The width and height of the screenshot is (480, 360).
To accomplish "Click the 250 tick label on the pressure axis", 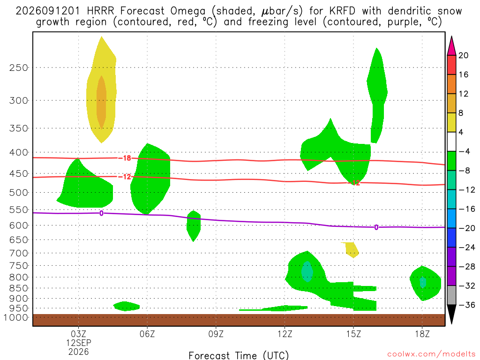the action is click(x=19, y=67).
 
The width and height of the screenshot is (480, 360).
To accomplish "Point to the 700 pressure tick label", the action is click(x=19, y=253).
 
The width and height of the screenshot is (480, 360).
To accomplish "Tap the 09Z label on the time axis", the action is click(x=216, y=334).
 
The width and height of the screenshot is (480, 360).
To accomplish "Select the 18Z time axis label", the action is click(x=422, y=334).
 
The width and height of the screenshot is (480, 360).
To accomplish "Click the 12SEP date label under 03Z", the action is click(x=79, y=343).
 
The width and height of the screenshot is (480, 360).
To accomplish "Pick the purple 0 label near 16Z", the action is click(x=376, y=227).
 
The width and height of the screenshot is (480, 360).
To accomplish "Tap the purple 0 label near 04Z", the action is click(x=101, y=213).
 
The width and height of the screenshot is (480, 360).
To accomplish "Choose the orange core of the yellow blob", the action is click(x=101, y=102).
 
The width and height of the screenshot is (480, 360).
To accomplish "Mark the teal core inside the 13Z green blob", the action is click(x=307, y=271).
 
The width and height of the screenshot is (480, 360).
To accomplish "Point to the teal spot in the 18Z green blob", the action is click(x=423, y=282).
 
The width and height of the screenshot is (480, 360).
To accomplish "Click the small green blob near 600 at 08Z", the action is click(x=194, y=226).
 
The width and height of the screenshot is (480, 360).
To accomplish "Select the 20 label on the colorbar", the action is click(x=463, y=55).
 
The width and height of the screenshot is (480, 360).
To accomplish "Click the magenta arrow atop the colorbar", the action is click(x=451, y=46).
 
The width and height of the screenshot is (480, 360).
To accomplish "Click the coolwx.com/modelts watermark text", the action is click(x=431, y=354).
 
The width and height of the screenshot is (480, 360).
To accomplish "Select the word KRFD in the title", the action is click(x=342, y=11).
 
